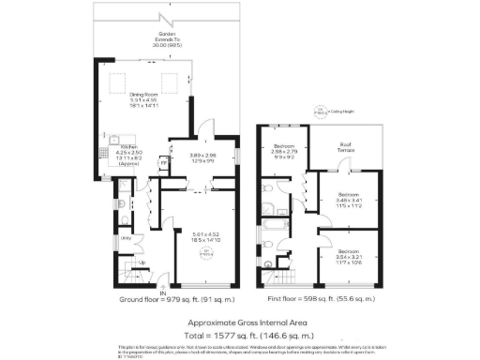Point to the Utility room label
pos(125,239)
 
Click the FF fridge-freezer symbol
pos(164,161)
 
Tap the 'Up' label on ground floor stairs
pos(142,262)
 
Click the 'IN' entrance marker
pos(161,293)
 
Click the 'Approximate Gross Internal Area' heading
pos(241,322)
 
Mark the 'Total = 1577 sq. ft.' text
pos(241,333)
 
